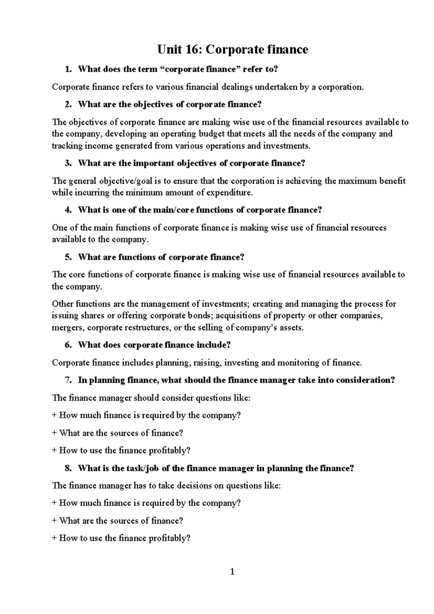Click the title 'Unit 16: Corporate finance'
click(233, 49)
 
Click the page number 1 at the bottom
click(233, 572)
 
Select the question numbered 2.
click(169, 105)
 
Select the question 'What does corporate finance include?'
click(154, 345)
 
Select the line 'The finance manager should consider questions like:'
click(151, 398)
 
